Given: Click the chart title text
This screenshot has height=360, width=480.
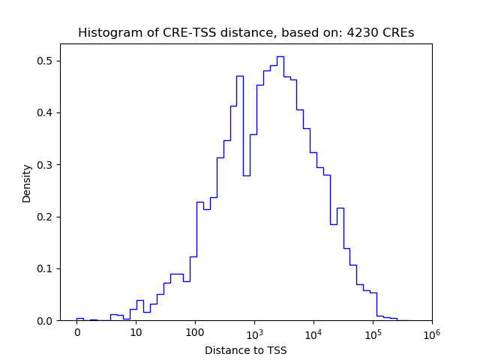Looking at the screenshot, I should coord(246,33).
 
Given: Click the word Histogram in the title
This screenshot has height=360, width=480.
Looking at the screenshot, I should coord(106,33).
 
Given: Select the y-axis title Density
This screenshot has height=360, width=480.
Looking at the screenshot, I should coord(27,183).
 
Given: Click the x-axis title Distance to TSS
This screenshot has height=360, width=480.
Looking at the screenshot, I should coord(246,350).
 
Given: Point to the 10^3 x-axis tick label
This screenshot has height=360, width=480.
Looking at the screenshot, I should coord(254,332).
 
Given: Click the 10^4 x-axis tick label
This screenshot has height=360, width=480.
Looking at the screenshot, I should coord(313,332).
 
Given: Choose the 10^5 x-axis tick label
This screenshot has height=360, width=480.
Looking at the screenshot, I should coord(373,332).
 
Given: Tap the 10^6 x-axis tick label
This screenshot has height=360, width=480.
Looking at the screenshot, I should coord(432,332).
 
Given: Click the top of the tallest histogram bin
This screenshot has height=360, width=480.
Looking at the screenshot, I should coord(280,56).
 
